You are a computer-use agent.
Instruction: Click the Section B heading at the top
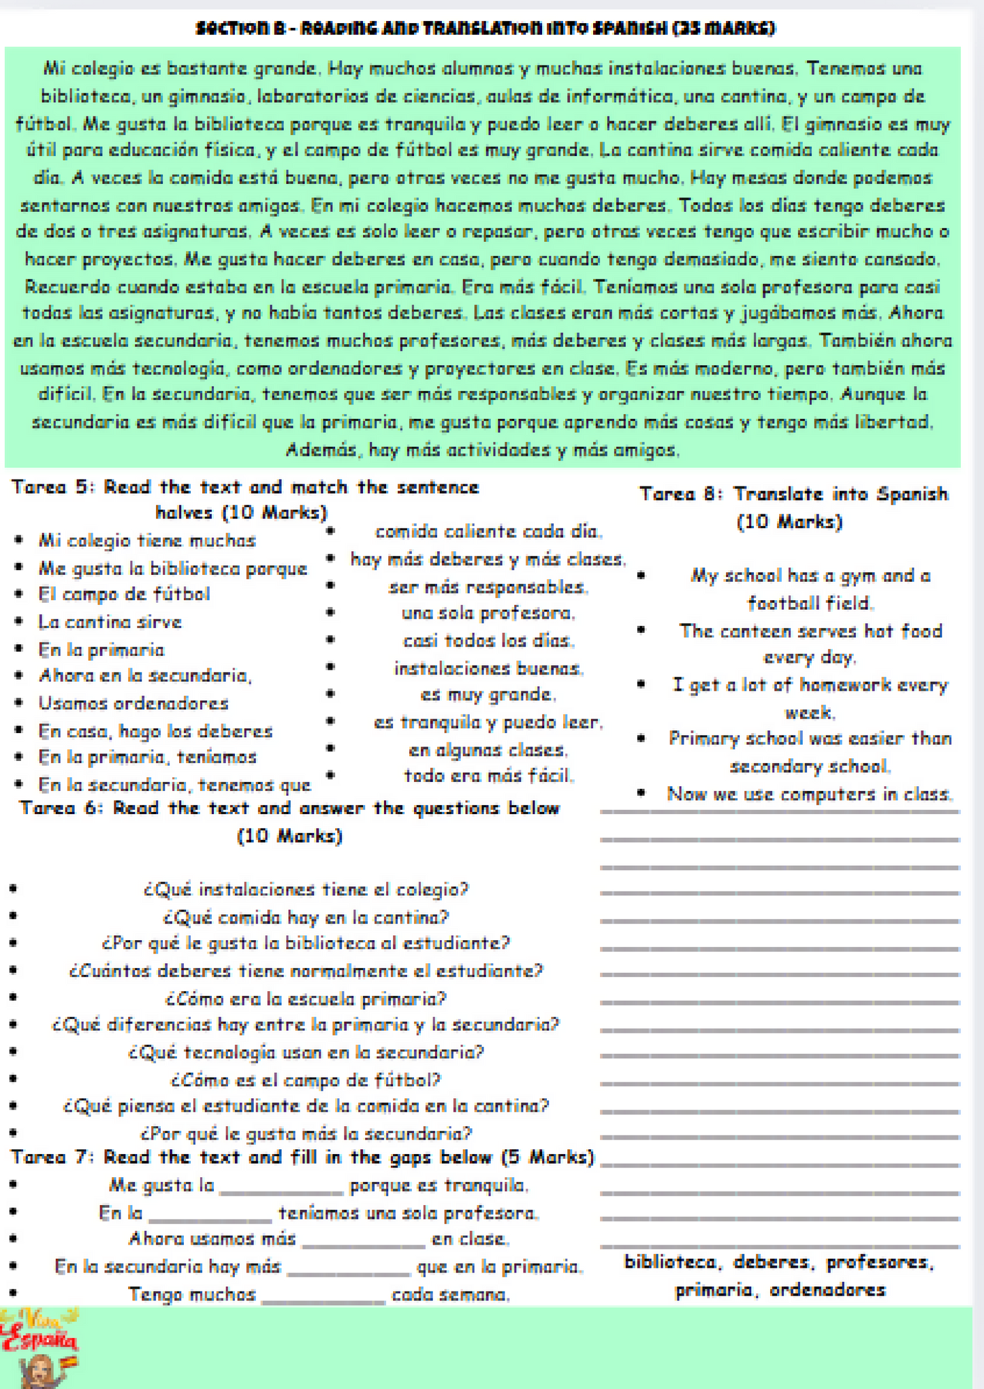485,29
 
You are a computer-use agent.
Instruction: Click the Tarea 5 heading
245,499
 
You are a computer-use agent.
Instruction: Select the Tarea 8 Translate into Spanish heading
793,507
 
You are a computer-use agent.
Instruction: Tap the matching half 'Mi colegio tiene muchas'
147,541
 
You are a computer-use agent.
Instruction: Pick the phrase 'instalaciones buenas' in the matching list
488,668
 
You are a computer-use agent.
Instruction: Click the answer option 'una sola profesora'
488,613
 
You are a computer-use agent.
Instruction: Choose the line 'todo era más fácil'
488,776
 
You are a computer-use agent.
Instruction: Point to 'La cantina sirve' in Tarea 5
110,622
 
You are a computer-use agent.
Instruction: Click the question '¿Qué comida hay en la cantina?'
306,917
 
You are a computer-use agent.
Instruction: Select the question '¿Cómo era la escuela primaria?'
306,999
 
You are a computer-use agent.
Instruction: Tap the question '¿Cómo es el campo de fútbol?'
306,1080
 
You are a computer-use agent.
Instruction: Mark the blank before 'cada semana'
323,1296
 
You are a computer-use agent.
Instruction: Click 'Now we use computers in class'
809,794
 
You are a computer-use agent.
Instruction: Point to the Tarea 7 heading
302,1157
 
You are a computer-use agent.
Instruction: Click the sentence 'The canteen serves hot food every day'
810,644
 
